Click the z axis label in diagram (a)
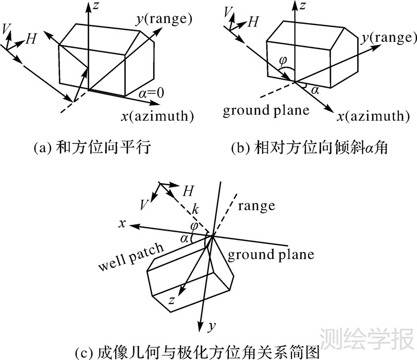pos(96,7)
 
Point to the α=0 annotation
pos(152,93)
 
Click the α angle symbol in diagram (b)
pos(314,90)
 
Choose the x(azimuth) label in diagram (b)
pos(371,115)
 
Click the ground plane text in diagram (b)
pos(266,111)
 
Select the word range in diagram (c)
pos(256,206)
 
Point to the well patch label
pos(130,257)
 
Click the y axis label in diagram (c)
pos(211,327)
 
